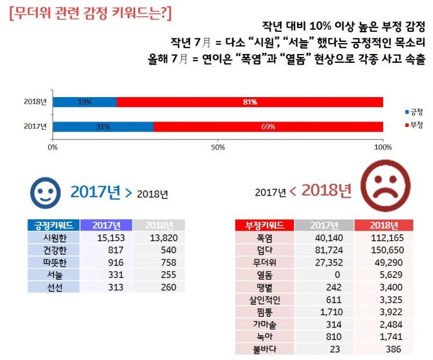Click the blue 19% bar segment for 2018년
pyautogui.click(x=84, y=102)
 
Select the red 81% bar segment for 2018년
pyautogui.click(x=250, y=102)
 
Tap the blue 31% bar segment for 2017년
pyautogui.click(x=103, y=127)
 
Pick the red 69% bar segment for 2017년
pyautogui.click(x=268, y=127)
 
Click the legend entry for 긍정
pyautogui.click(x=414, y=111)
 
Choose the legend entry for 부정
pyautogui.click(x=414, y=124)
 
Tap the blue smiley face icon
pyautogui.click(x=45, y=193)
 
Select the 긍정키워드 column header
pyautogui.click(x=53, y=226)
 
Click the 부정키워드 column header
pyautogui.click(x=264, y=226)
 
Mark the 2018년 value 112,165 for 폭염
pyautogui.click(x=384, y=238)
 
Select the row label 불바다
pyautogui.click(x=264, y=350)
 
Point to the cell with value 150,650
pyautogui.click(x=384, y=250)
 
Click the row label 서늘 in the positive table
pyautogui.click(x=53, y=275)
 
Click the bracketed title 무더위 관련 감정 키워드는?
pyautogui.click(x=91, y=13)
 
